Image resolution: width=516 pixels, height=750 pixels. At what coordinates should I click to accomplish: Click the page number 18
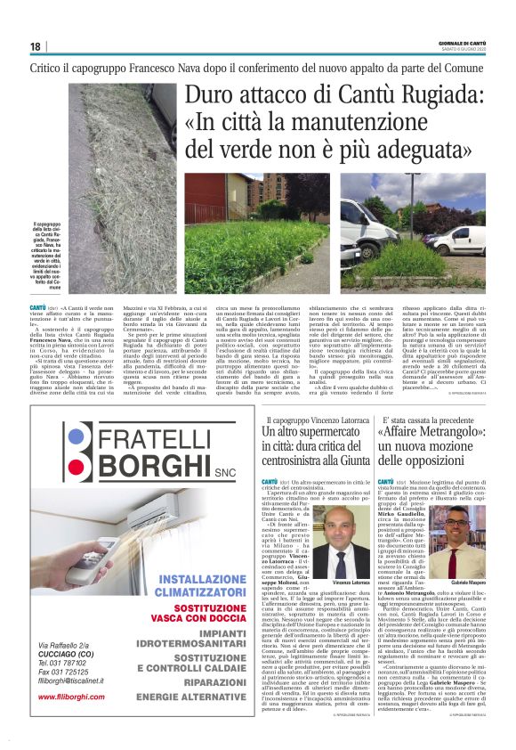tap(35, 46)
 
